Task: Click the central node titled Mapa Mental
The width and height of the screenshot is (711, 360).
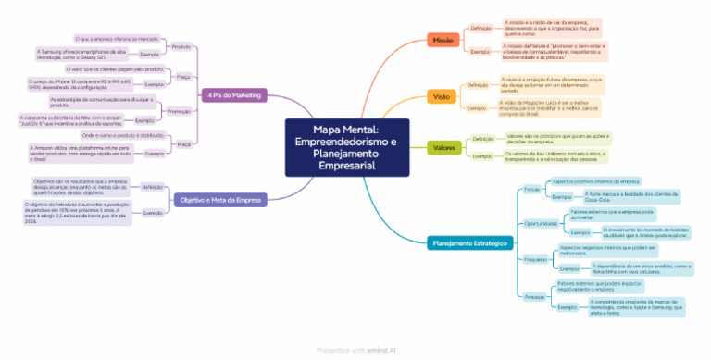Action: click(354, 147)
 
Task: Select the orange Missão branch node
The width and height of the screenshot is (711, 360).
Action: click(442, 41)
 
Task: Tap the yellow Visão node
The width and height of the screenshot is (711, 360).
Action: click(442, 96)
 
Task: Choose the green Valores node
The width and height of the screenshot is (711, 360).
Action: click(444, 147)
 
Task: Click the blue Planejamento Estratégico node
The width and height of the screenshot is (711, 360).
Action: click(469, 243)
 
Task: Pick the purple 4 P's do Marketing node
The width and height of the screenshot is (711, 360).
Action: click(234, 94)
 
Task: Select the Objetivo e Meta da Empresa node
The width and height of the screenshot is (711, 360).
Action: click(219, 199)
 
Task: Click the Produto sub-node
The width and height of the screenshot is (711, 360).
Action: click(181, 46)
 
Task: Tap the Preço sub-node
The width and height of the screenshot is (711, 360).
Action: click(183, 77)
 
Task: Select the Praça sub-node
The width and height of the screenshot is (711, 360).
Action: click(182, 143)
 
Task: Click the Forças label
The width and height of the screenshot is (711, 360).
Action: click(531, 189)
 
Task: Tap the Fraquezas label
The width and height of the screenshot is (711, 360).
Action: click(535, 259)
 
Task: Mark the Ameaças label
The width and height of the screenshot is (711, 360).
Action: click(533, 294)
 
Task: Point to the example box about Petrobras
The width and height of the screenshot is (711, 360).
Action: click(72, 212)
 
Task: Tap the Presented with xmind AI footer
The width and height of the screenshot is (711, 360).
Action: click(355, 350)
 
